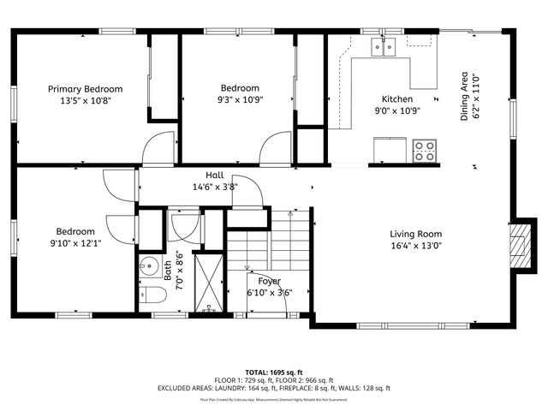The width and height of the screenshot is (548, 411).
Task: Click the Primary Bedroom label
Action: (85, 89)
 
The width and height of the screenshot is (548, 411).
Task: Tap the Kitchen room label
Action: (397, 99)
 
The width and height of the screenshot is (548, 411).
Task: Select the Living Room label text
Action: (415, 234)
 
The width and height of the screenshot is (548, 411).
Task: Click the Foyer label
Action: (270, 281)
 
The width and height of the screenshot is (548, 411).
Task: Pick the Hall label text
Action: (214, 175)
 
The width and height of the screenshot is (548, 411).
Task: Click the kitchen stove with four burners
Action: (424, 152)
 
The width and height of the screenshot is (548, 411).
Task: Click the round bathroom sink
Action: (148, 265)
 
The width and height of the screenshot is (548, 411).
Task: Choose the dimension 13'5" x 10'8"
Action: (85, 100)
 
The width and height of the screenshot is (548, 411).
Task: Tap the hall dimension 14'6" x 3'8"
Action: (214, 186)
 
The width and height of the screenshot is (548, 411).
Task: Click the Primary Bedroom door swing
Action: (159, 150)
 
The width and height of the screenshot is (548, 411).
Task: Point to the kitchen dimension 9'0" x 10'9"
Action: (397, 110)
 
